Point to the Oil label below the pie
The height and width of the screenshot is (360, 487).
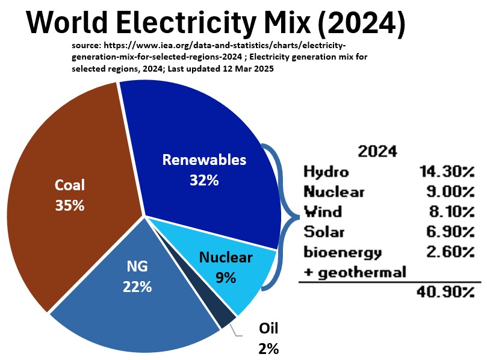tap(268, 329)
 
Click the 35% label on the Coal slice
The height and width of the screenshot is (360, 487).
tap(70, 205)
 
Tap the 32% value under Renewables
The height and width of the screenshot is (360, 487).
tap(203, 179)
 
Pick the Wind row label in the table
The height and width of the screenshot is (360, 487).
tap(323, 211)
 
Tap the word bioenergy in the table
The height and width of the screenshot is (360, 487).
tap(343, 252)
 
